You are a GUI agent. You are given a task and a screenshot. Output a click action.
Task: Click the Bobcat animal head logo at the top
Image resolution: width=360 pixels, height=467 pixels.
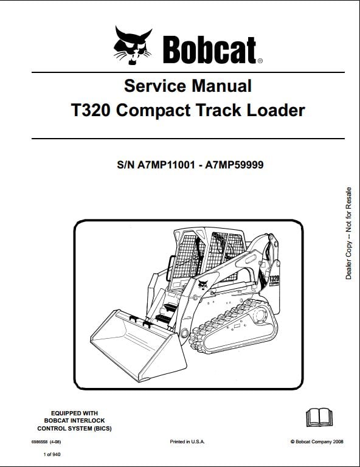click(133, 45)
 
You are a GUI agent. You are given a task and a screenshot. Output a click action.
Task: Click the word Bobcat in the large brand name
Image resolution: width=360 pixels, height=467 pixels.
click(210, 50)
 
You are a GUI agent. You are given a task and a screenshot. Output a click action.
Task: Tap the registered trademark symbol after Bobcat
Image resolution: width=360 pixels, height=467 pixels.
click(260, 61)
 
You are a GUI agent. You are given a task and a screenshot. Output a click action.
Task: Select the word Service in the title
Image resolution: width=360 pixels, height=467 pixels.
click(155, 86)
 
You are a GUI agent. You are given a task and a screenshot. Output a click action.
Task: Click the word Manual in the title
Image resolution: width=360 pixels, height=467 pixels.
click(222, 86)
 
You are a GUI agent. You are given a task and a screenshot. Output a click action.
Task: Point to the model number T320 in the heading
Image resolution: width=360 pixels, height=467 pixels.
click(91, 110)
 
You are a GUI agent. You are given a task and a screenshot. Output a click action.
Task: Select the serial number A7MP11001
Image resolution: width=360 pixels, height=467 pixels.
click(167, 164)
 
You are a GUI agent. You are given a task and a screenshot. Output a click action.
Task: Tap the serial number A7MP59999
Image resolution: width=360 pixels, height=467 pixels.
click(234, 164)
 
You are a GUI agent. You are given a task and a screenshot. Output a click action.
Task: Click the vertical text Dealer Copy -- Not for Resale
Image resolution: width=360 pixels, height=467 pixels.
click(348, 233)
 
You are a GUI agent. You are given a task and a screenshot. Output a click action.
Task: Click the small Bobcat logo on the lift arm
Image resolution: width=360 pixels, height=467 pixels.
click(203, 285)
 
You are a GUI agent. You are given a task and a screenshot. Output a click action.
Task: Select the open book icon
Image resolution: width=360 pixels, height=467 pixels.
click(319, 418)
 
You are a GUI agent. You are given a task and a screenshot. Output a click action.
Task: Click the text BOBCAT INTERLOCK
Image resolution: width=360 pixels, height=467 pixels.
click(74, 421)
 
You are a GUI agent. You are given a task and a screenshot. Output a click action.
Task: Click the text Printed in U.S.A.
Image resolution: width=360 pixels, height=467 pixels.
click(187, 441)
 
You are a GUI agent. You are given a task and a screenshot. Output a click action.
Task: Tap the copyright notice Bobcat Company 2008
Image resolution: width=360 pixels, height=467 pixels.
click(317, 441)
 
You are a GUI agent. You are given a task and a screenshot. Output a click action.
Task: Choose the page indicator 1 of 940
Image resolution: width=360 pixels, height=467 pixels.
click(52, 454)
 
